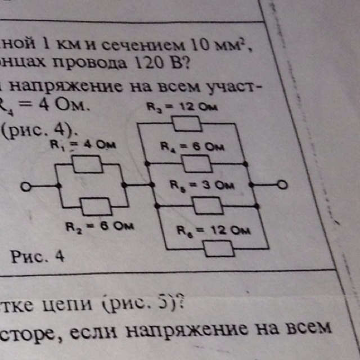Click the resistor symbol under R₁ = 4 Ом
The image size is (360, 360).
point(88,165)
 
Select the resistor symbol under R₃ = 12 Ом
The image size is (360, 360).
point(185,123)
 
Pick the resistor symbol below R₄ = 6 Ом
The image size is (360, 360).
point(197,164)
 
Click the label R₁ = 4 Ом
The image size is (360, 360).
point(83,145)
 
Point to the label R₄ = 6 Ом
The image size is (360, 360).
point(191,147)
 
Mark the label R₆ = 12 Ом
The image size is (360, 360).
point(214,230)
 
